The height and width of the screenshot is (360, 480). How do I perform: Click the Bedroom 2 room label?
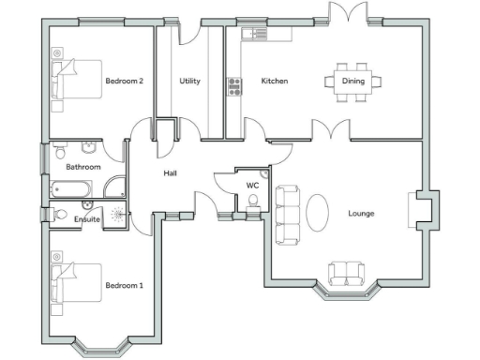(x=124, y=81)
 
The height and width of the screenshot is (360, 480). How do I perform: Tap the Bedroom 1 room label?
(x=124, y=285)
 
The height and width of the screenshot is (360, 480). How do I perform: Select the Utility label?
(x=189, y=81)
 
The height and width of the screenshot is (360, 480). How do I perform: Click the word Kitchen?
(x=274, y=81)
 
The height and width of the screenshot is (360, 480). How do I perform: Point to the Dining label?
(x=352, y=81)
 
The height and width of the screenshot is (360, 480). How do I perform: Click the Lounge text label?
(x=361, y=213)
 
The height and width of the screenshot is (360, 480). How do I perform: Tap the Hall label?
(x=171, y=172)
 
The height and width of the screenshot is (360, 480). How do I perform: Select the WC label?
(x=252, y=186)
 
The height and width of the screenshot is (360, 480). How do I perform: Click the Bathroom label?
(x=83, y=167)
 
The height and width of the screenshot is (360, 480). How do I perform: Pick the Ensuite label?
(x=87, y=219)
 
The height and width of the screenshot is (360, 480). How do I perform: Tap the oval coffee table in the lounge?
(x=319, y=211)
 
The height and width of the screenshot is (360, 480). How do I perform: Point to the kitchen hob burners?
(x=233, y=88)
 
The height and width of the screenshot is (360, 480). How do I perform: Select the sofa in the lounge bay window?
(x=347, y=274)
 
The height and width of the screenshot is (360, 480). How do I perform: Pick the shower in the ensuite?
(x=118, y=214)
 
